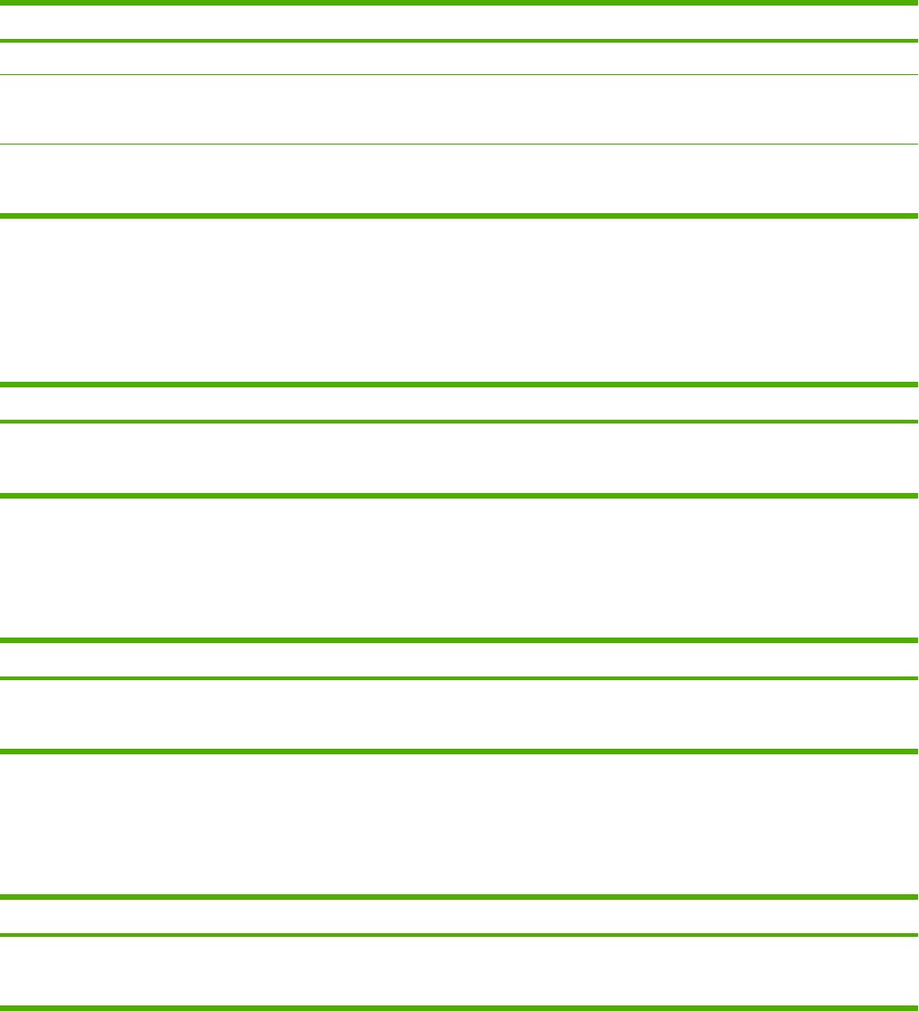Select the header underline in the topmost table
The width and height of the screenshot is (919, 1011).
[459, 41]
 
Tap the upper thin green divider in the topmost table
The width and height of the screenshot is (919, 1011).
[459, 74]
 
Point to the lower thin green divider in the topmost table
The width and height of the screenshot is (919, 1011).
[459, 144]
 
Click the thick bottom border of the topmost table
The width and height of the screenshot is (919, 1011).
[459, 216]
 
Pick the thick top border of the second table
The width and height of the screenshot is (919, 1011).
[459, 384]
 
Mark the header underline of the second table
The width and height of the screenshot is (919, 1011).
[459, 422]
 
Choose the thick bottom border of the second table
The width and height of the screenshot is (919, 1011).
[459, 496]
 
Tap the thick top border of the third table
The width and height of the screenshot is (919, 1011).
[459, 640]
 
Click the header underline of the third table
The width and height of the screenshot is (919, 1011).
[459, 677]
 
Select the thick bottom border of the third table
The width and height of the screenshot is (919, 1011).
[459, 751]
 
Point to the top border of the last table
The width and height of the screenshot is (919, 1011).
[459, 896]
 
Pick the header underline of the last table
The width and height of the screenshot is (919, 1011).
[459, 934]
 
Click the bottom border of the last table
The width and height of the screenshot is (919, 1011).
[459, 1006]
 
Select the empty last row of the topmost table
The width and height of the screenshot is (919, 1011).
[459, 180]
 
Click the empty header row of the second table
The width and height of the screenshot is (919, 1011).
[459, 403]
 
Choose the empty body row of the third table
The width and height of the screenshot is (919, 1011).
[459, 714]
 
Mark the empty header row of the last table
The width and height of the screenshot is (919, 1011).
[459, 916]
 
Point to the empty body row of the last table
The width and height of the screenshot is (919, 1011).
[459, 970]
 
